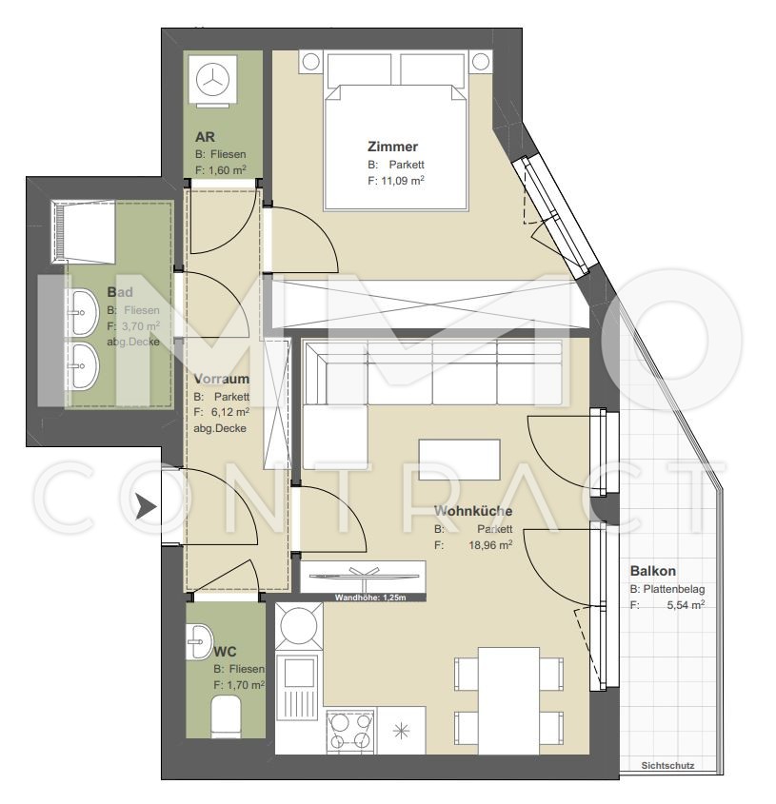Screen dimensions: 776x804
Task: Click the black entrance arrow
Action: (147, 508)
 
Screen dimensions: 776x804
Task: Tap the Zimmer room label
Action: (392, 147)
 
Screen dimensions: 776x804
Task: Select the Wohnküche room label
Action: (472, 511)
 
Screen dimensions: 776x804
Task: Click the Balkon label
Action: (653, 571)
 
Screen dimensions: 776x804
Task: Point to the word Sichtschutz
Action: (667, 766)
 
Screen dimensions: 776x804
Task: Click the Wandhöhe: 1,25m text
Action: (370, 598)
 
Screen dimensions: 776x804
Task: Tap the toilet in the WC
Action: (226, 716)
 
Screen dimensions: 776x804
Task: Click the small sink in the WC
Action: (200, 641)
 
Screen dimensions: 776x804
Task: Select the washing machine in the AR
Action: (213, 80)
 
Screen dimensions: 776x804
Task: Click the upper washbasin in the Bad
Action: (82, 312)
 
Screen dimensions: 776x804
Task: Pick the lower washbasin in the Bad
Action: (82, 366)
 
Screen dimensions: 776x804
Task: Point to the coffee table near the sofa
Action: (459, 460)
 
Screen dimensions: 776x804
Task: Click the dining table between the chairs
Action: (508, 701)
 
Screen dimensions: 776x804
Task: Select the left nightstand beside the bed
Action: (311, 62)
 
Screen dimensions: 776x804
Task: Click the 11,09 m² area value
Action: (403, 181)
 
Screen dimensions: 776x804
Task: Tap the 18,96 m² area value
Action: (490, 544)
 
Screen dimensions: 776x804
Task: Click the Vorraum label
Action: (221, 379)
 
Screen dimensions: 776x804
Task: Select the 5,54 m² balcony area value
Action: (686, 604)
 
